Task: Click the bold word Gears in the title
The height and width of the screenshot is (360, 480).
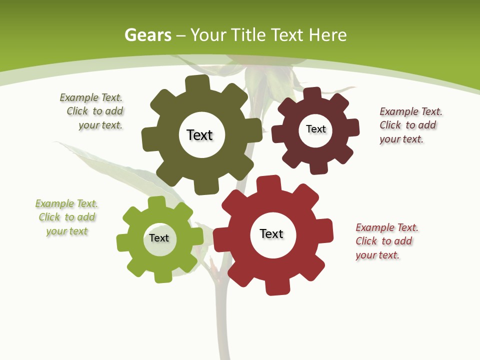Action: pos(147,35)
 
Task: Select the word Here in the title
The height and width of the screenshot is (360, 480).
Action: pos(327,35)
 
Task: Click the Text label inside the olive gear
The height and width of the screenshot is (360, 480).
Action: pos(199,135)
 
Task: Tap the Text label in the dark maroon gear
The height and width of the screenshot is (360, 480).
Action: pos(315,129)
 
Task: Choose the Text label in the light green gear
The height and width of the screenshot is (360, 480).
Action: pos(158,238)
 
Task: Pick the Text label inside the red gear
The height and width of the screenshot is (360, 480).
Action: pos(271,233)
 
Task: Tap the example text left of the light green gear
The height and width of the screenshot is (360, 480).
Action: pos(66,217)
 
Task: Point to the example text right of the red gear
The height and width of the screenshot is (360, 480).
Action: pos(385,241)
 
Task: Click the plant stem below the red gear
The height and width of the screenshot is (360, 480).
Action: pos(221,325)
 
